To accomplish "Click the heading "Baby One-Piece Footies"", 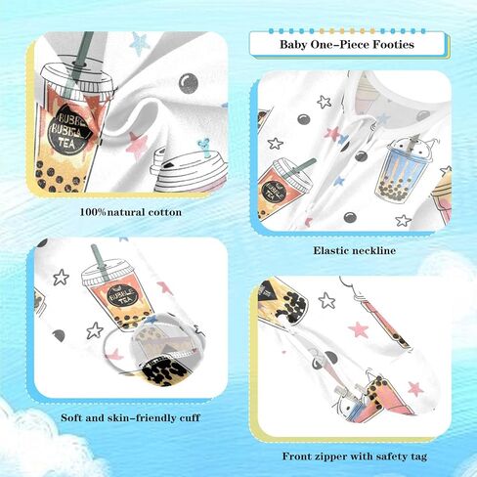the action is click(347, 44).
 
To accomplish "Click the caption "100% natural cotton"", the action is click(131, 212).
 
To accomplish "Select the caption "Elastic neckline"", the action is click(355, 250).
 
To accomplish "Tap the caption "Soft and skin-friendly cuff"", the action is click(130, 417).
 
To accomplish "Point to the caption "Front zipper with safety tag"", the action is click(355, 456).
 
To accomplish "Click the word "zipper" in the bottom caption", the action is click(330, 456).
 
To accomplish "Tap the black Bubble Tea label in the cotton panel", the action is click(68, 129).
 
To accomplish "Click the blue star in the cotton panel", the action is click(140, 43).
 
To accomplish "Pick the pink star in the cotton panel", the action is click(137, 145).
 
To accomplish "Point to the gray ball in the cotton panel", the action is click(189, 83).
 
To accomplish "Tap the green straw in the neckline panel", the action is click(301, 165).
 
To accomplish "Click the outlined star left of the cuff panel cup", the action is click(61, 278).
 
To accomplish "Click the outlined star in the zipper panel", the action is click(326, 300).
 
